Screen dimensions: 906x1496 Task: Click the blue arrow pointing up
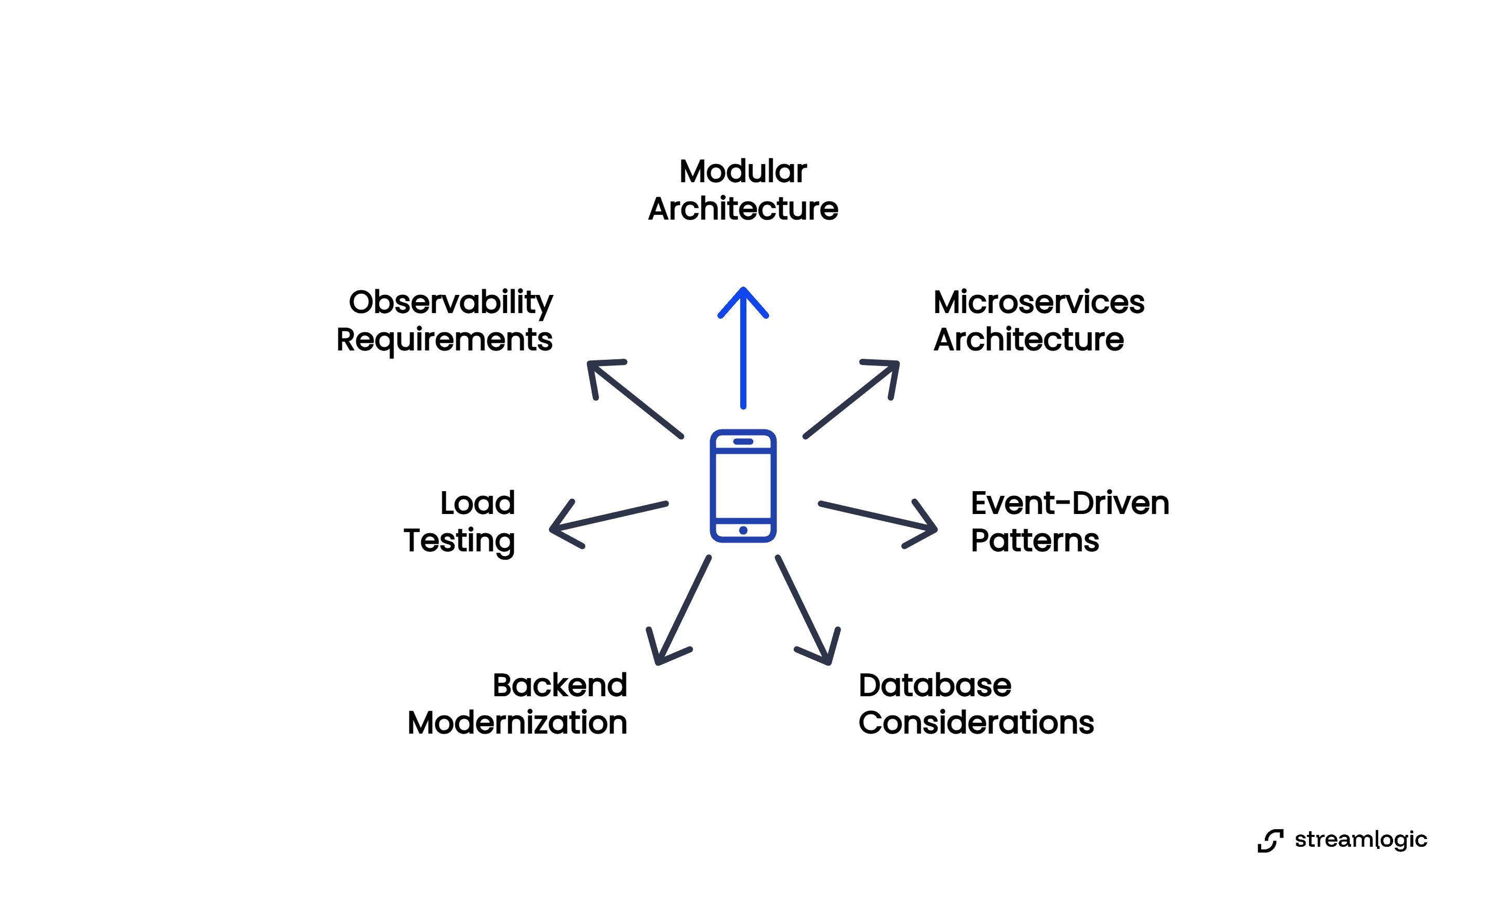pyautogui.click(x=743, y=349)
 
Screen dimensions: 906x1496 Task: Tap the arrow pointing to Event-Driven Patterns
pyautogui.click(x=877, y=517)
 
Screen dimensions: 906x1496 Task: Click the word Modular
pyautogui.click(x=743, y=171)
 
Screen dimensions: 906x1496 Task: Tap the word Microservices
pyautogui.click(x=1039, y=302)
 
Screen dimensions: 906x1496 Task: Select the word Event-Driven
pyautogui.click(x=1070, y=503)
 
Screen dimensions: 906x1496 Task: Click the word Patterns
pyautogui.click(x=1035, y=540)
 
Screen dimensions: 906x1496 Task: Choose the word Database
pyautogui.click(x=935, y=686)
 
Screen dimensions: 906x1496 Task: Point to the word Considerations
pyautogui.click(x=976, y=723)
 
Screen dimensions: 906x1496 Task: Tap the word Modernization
pyautogui.click(x=517, y=723)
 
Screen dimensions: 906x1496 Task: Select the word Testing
pyautogui.click(x=460, y=540)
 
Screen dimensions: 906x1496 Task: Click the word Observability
pyautogui.click(x=450, y=302)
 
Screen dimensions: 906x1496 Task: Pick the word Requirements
pyautogui.click(x=445, y=340)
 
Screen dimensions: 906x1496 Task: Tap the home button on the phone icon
pyautogui.click(x=743, y=531)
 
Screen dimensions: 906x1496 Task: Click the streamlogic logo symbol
pyautogui.click(x=1270, y=841)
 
